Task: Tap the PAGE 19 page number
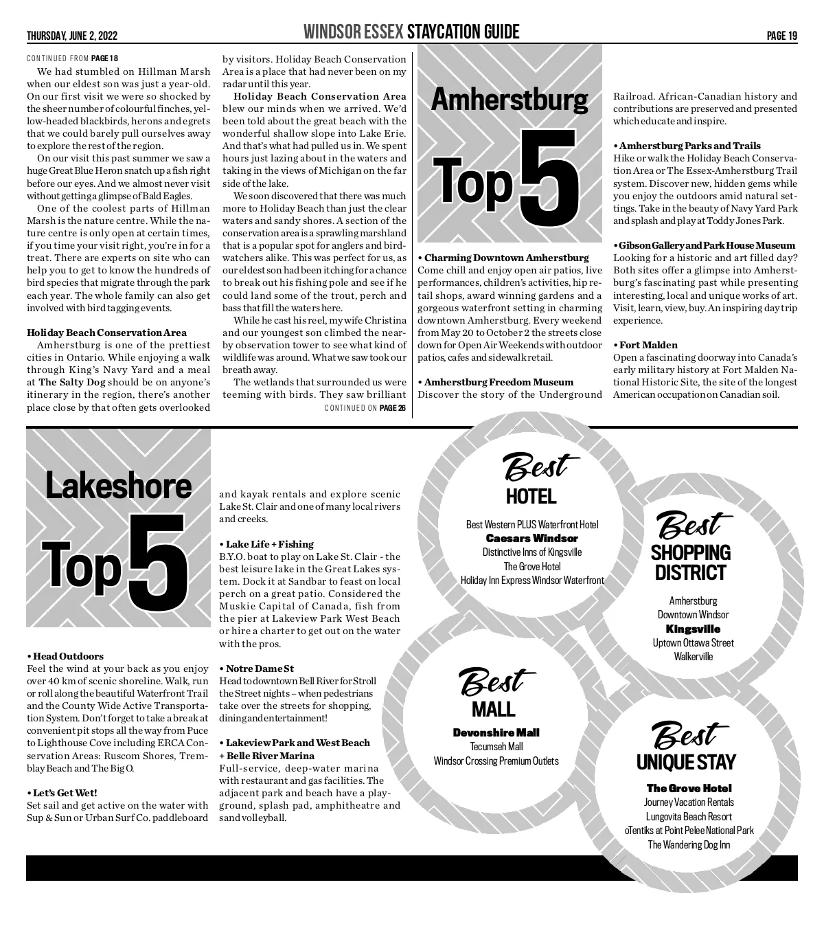782,36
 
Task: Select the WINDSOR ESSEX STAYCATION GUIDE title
411,32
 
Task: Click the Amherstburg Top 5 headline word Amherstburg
509,101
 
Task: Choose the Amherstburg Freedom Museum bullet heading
496,382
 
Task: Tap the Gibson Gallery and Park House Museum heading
705,245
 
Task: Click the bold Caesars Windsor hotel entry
532,539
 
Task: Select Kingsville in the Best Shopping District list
693,629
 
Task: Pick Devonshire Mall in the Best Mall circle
496,733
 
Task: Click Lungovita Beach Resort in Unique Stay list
689,817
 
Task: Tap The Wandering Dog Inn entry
689,845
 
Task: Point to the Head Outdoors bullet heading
65,656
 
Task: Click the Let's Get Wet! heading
62,793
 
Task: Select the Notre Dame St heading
257,668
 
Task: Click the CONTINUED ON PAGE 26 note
365,409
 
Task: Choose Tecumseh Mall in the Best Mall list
496,747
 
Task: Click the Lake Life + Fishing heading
266,544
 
